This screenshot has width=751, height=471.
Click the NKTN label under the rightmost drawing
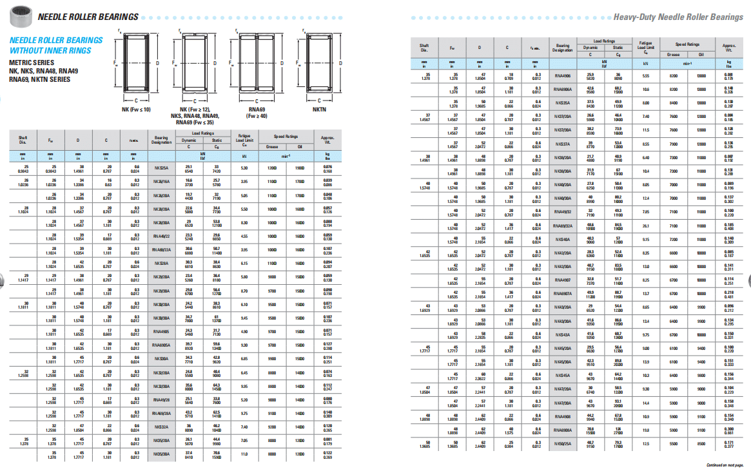click(x=320, y=110)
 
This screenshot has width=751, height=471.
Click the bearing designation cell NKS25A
click(x=161, y=168)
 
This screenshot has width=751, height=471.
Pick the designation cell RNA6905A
click(x=161, y=345)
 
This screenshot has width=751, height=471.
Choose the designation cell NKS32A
click(x=161, y=427)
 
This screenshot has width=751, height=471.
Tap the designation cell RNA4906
click(x=563, y=77)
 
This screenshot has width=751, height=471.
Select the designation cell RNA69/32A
click(x=563, y=226)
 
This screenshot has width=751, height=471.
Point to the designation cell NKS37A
click(x=563, y=144)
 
